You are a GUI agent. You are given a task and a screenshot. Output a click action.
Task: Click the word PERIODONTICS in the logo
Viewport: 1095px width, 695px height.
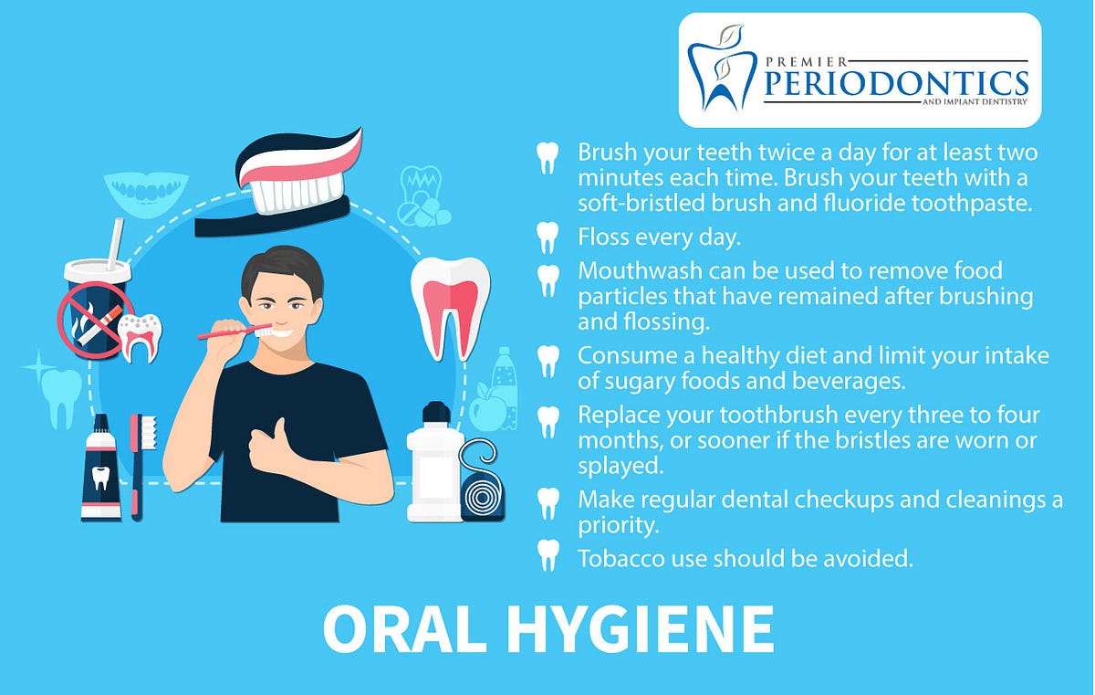click(x=894, y=83)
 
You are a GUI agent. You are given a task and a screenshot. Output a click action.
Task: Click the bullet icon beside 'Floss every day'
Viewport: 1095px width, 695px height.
click(x=547, y=237)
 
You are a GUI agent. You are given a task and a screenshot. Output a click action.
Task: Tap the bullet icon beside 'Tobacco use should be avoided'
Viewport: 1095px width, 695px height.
click(x=547, y=554)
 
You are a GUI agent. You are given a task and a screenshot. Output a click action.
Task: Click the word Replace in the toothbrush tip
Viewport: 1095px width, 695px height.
click(x=615, y=416)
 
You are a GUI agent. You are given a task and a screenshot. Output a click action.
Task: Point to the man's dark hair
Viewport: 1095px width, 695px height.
click(x=282, y=269)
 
